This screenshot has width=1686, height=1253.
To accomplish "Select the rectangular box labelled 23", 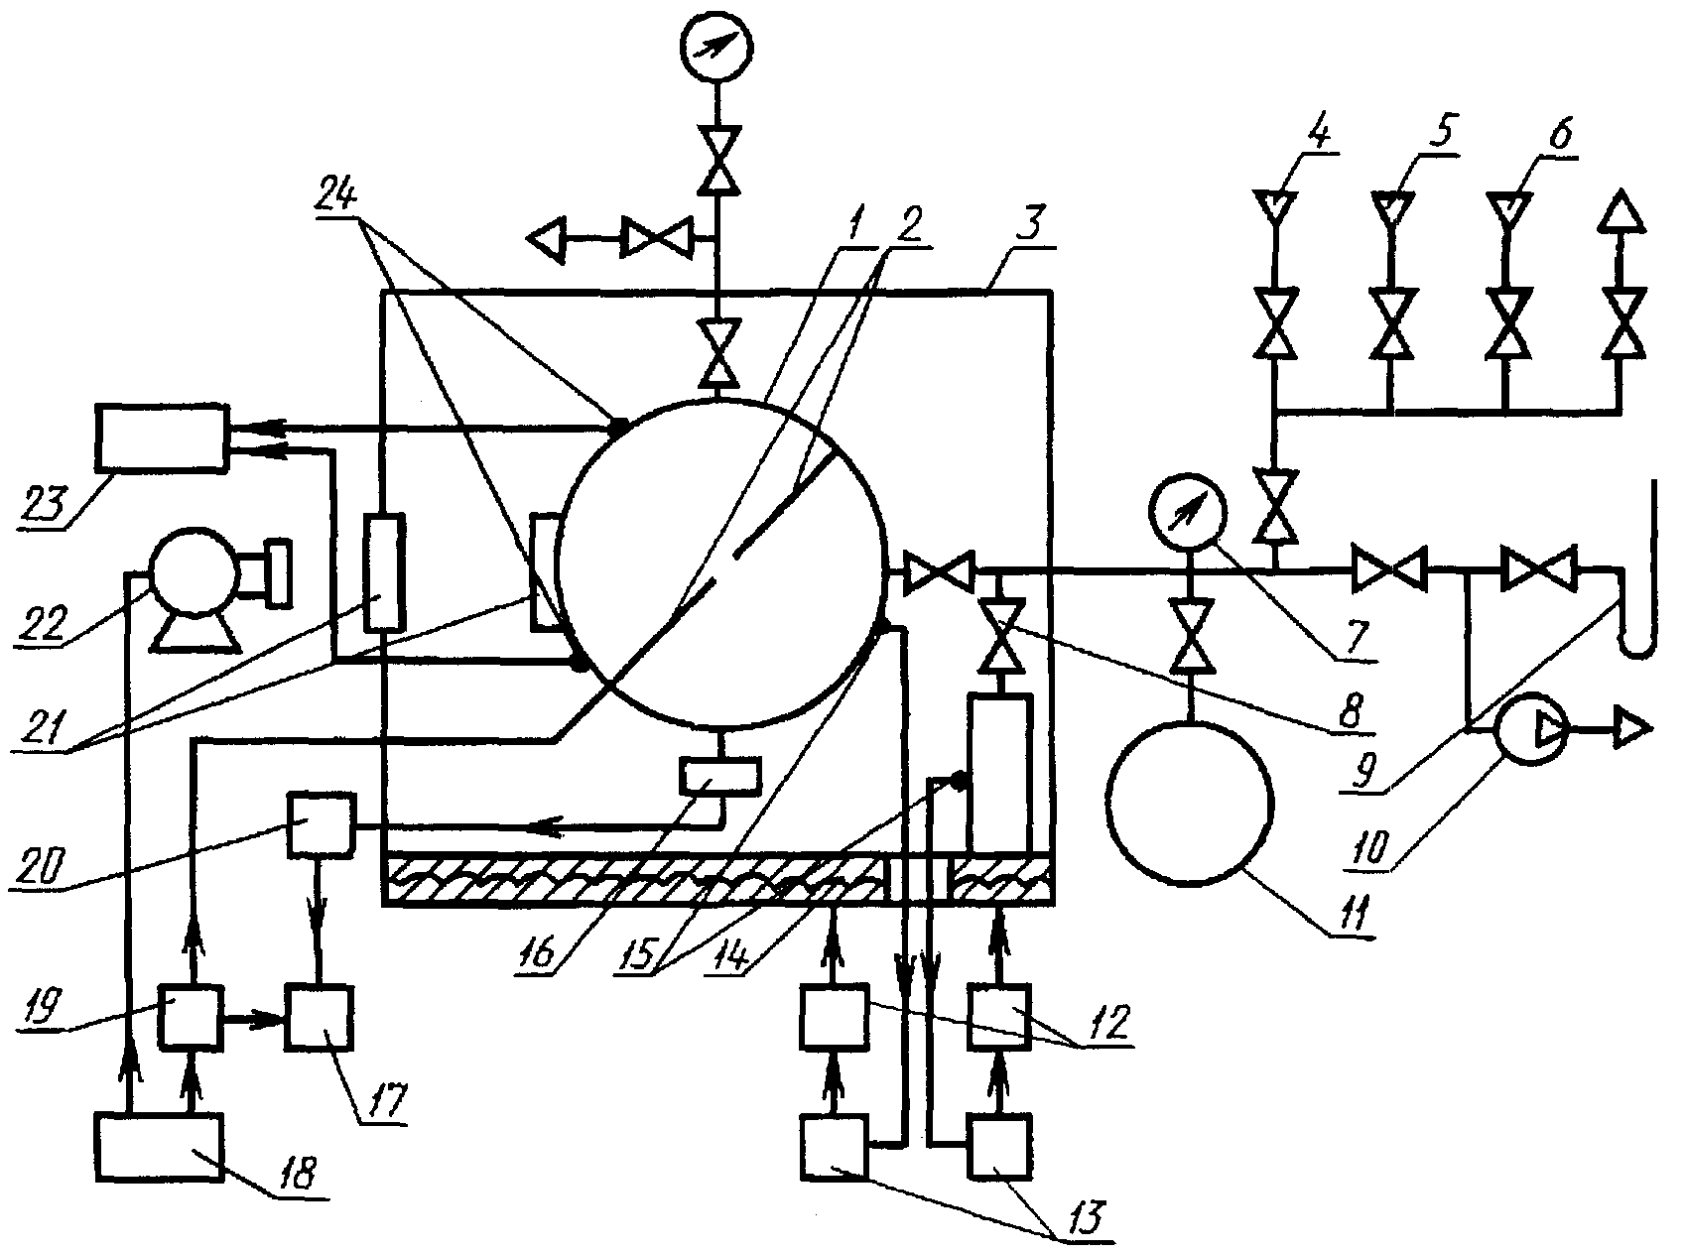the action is (x=159, y=435).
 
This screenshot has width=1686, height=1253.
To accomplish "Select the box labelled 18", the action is (x=159, y=1146).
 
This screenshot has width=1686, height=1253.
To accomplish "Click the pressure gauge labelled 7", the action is (x=1187, y=514).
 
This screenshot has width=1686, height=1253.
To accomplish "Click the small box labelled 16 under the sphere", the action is (x=718, y=775).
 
